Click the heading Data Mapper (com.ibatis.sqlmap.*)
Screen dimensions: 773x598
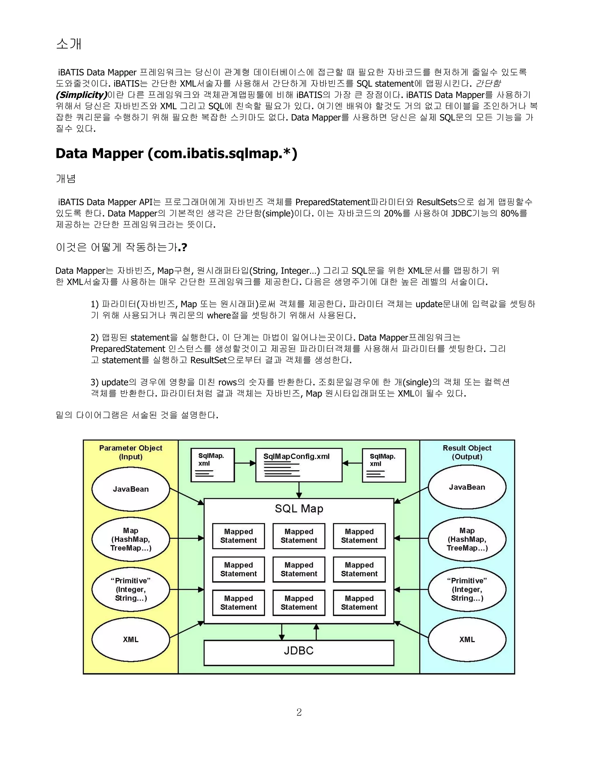[x=176, y=154]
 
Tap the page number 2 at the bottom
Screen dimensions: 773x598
[x=299, y=712]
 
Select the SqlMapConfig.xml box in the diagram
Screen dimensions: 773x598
[x=299, y=465]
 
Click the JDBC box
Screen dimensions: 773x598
[x=299, y=650]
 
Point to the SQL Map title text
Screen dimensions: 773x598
[x=299, y=509]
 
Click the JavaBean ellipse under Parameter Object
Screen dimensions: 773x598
[x=131, y=489]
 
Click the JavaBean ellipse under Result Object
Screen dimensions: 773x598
[x=467, y=487]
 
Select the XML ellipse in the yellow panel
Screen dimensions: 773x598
[x=131, y=639]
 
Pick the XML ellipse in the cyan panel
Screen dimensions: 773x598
[x=467, y=639]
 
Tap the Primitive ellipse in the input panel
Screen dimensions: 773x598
[x=131, y=589]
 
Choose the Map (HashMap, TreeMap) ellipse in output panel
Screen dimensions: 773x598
[x=467, y=539]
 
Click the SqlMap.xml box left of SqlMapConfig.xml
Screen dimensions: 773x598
[x=213, y=465]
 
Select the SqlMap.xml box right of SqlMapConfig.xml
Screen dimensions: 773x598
[x=384, y=465]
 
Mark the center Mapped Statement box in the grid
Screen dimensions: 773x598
[x=299, y=569]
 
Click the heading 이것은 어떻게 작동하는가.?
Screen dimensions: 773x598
[x=121, y=247]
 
